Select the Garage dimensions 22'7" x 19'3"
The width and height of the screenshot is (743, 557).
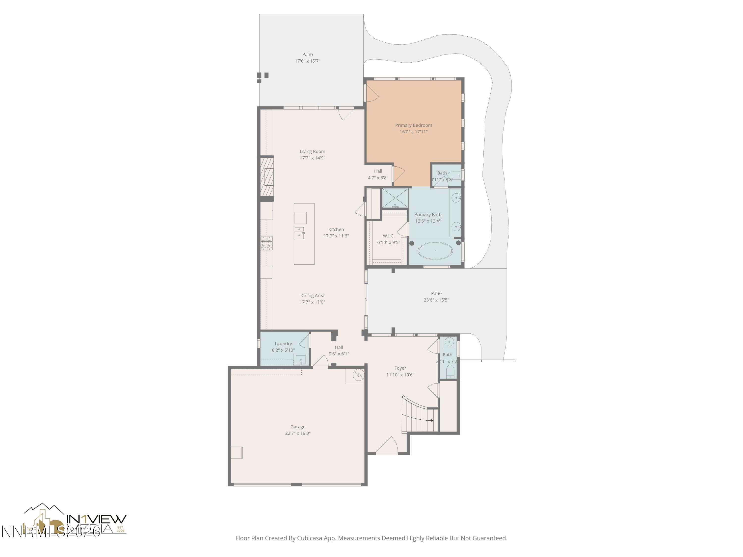[x=298, y=433]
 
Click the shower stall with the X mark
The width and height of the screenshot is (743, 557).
[x=395, y=198]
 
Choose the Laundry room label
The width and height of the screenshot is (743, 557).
[x=283, y=343]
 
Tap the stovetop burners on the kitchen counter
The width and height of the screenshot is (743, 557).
[x=267, y=243]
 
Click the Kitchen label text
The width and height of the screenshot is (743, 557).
[x=336, y=229]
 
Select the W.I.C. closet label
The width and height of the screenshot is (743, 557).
[x=388, y=236]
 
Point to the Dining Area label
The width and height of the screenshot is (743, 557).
[x=312, y=295]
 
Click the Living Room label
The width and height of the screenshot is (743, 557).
[x=312, y=152]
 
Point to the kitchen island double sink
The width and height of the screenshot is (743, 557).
[x=299, y=233]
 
